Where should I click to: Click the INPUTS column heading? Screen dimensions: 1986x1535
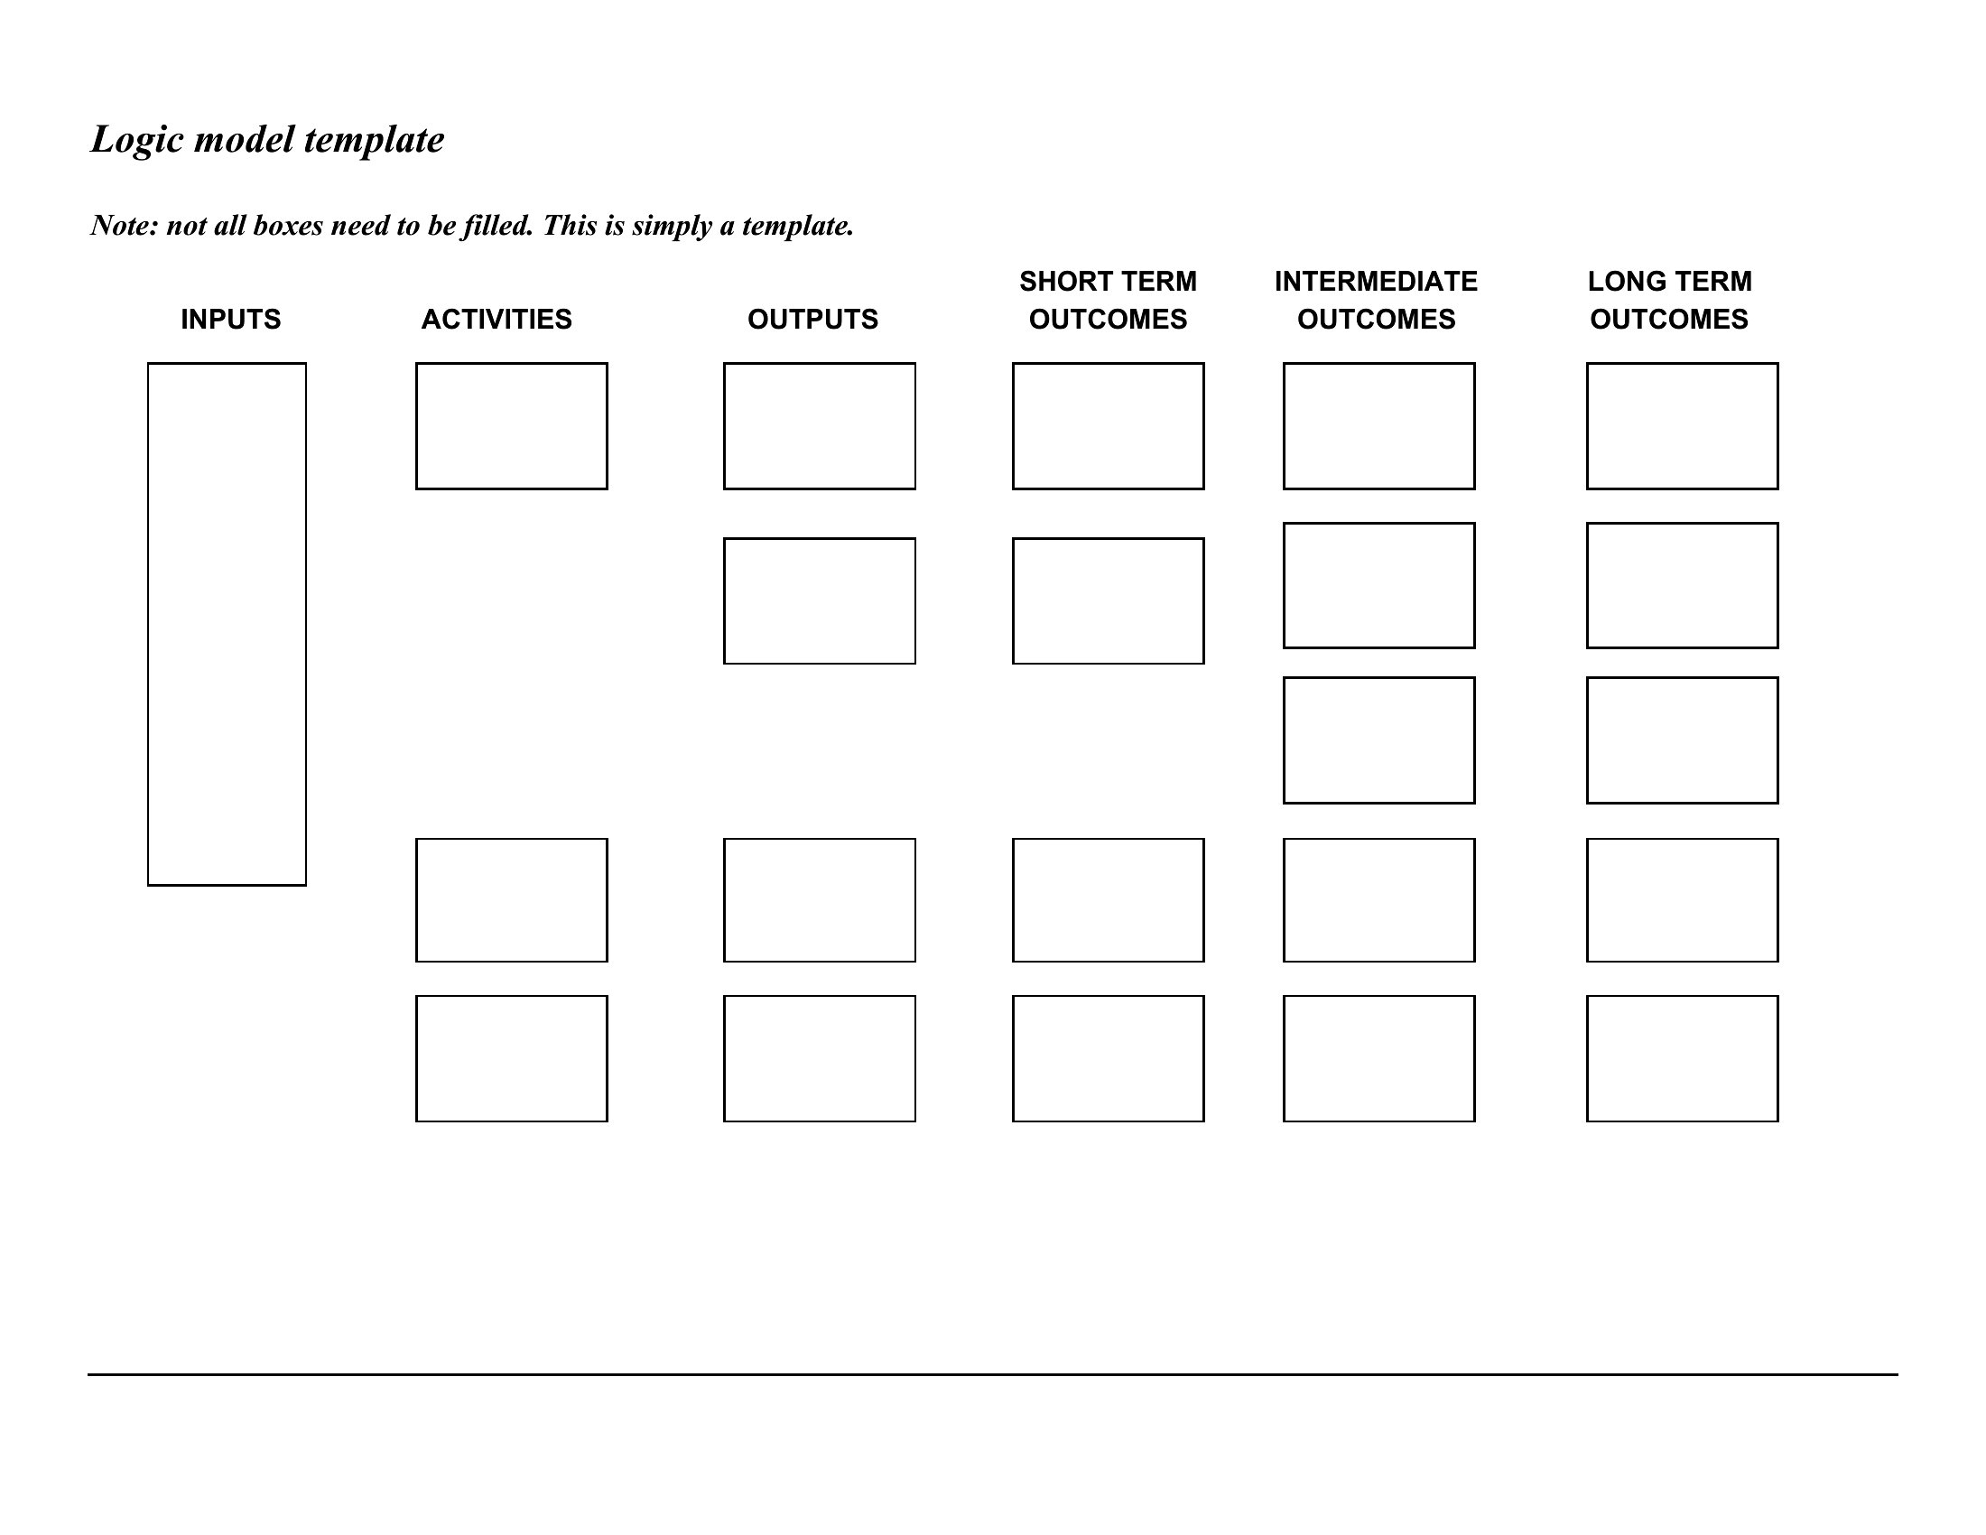[231, 319]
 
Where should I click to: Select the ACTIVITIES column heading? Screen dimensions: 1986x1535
[496, 319]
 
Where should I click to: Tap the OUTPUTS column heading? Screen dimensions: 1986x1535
[813, 319]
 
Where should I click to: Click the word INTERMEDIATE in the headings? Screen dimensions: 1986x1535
[1376, 281]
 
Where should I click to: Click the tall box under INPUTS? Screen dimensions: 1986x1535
[148, 624]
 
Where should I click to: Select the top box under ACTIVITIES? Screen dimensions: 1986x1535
[415, 426]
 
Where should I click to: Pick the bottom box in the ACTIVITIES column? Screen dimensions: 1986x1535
[415, 1058]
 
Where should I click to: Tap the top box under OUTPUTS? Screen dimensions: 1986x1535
[724, 426]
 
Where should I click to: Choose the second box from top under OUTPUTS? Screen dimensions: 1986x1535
[724, 601]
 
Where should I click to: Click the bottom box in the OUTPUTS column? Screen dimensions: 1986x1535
[724, 1058]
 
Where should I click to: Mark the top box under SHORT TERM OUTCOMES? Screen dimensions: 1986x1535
[1013, 426]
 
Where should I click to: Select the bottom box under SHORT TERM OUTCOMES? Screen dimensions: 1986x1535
[1013, 1058]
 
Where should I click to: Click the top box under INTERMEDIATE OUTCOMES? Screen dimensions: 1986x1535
[1284, 426]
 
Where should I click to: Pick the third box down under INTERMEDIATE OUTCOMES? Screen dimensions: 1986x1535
[1284, 740]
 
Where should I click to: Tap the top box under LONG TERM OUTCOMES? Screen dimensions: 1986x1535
[1588, 426]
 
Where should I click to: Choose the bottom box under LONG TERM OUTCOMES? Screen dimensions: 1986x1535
[1588, 1058]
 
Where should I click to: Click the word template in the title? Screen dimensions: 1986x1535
[374, 140]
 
